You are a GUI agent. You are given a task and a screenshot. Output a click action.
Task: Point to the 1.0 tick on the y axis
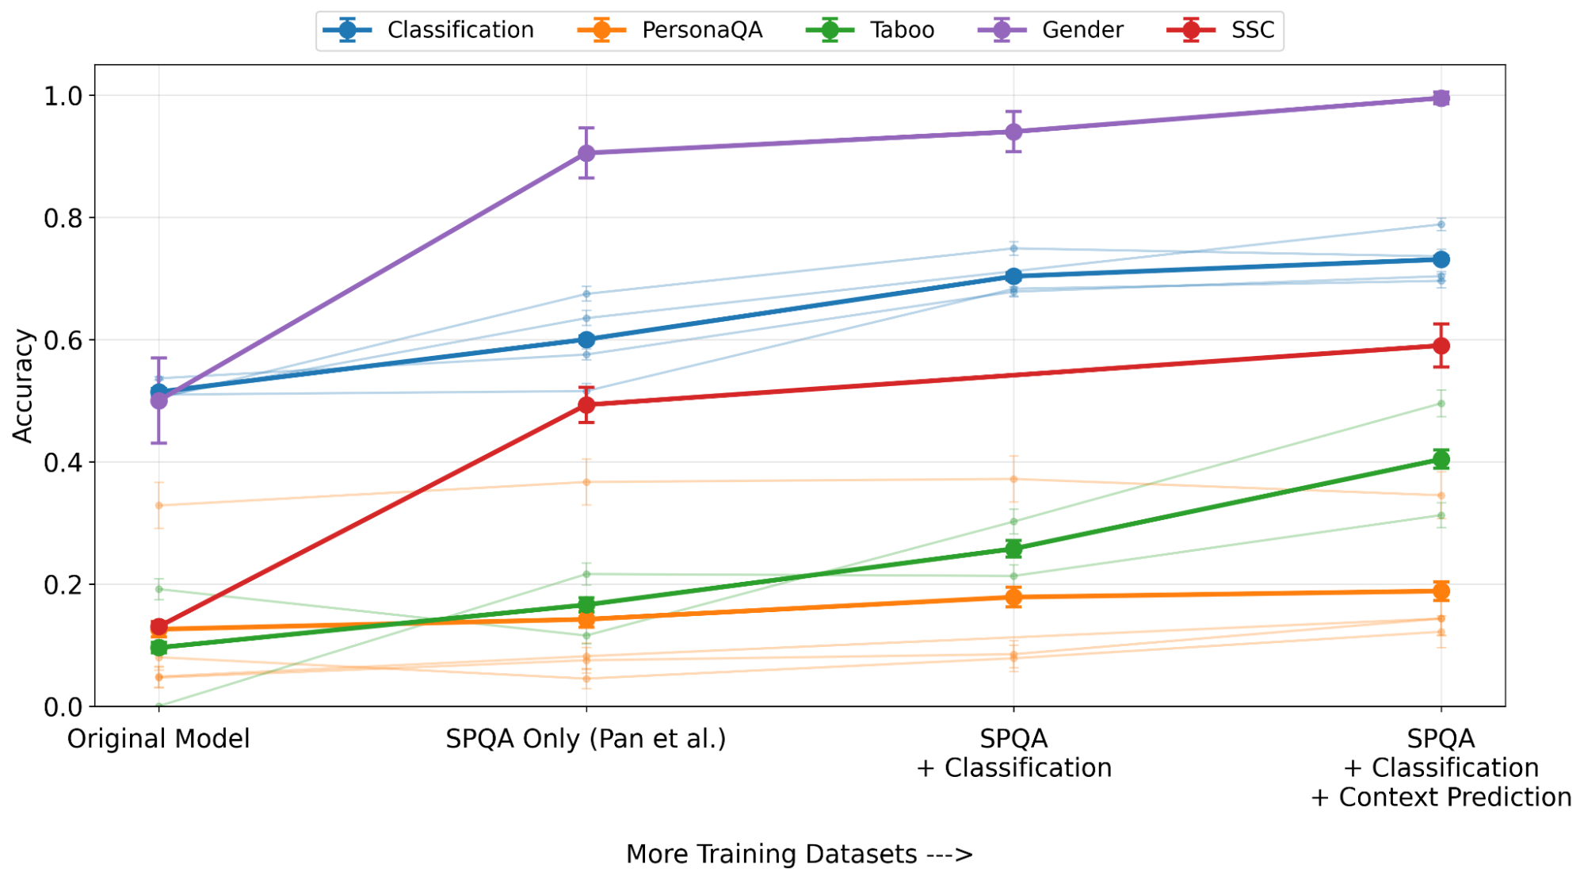click(63, 96)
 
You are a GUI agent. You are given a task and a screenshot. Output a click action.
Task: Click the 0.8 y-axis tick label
click(63, 218)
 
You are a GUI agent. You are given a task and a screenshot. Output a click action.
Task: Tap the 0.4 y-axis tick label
click(63, 462)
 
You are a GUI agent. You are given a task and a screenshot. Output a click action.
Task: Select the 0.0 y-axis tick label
click(63, 706)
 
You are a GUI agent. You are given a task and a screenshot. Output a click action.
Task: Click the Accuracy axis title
click(23, 385)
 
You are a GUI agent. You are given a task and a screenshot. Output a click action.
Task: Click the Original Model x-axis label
click(158, 739)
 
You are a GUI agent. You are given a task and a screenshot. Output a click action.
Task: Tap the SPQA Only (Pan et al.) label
click(586, 739)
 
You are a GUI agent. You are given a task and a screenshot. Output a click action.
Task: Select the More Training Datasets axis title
click(799, 854)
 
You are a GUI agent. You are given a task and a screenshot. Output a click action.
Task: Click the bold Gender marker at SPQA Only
click(586, 153)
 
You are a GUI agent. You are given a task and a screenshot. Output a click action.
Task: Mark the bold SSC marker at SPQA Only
click(586, 405)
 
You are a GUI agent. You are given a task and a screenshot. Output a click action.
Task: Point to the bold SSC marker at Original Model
click(159, 627)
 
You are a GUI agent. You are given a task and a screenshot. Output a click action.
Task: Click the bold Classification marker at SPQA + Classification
click(1013, 276)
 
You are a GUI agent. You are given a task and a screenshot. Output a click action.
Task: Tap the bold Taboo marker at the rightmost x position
click(1441, 460)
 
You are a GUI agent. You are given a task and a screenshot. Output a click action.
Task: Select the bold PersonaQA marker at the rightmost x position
click(1441, 591)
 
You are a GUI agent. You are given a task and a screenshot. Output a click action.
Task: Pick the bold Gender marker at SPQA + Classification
click(1013, 132)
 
